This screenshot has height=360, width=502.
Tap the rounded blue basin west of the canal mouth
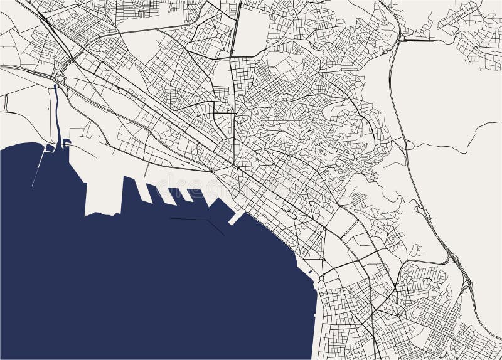point(49,148)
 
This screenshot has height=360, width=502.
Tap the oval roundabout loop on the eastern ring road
point(409,146)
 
